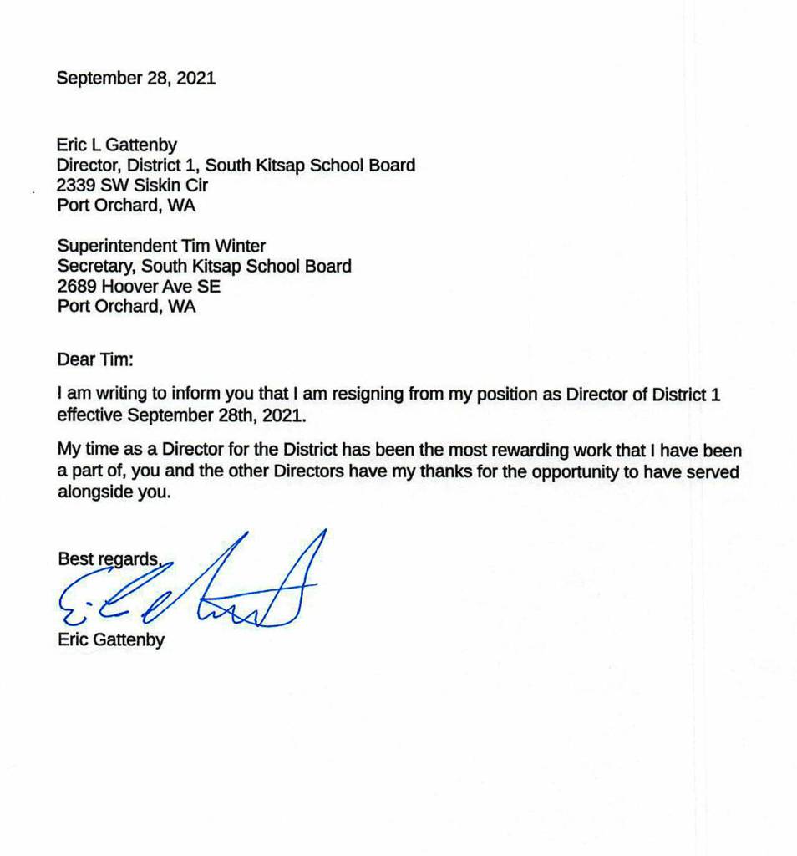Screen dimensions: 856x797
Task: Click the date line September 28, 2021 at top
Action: click(135, 79)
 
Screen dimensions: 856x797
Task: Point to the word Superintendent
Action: click(116, 247)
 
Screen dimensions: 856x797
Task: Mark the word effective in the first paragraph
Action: click(88, 415)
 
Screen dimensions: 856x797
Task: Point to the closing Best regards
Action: click(109, 558)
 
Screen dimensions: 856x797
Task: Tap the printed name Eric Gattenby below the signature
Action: click(111, 641)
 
